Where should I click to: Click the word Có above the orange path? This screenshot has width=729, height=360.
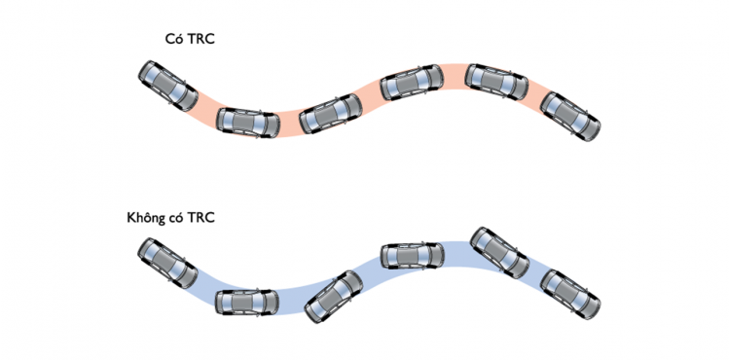tap(174, 39)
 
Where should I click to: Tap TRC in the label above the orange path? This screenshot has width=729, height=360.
tap(200, 39)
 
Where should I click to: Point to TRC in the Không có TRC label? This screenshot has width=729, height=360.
tap(200, 218)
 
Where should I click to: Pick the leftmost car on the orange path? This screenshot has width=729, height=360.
tap(168, 86)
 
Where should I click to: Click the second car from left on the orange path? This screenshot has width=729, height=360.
tap(248, 123)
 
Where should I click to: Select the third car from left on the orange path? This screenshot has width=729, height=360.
tap(331, 114)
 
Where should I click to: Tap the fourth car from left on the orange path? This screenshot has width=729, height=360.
tap(412, 83)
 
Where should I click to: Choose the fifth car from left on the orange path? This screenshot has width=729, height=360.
tap(496, 82)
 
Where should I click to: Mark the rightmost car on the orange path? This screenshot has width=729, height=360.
tap(570, 116)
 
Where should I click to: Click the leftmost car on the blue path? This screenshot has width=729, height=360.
tap(167, 263)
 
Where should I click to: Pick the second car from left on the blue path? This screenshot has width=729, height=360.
tap(247, 303)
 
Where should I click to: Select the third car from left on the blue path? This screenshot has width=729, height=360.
tap(333, 297)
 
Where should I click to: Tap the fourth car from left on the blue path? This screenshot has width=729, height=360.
tap(413, 256)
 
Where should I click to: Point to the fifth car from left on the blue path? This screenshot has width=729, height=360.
tap(500, 253)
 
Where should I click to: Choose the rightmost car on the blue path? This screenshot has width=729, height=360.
tap(570, 294)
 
